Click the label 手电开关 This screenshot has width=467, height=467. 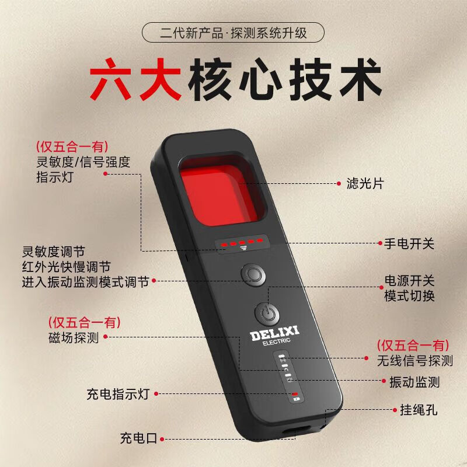(x=409, y=243)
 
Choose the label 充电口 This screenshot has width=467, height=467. (x=139, y=438)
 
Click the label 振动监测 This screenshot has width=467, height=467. (x=414, y=382)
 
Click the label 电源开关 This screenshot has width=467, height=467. (x=409, y=280)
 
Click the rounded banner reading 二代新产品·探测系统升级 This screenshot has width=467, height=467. (x=233, y=33)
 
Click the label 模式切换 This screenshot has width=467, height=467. (x=409, y=296)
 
